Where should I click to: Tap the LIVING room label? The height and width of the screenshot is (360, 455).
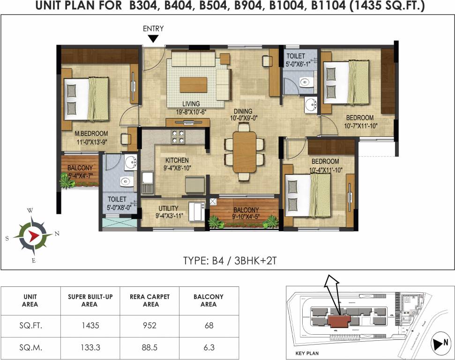[191, 104]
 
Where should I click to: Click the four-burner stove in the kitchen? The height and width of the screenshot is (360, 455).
[178, 136]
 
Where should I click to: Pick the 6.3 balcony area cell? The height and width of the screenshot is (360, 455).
[209, 348]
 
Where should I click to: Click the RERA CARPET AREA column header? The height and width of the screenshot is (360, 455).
[149, 300]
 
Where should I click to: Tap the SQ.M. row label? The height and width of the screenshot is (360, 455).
[30, 348]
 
